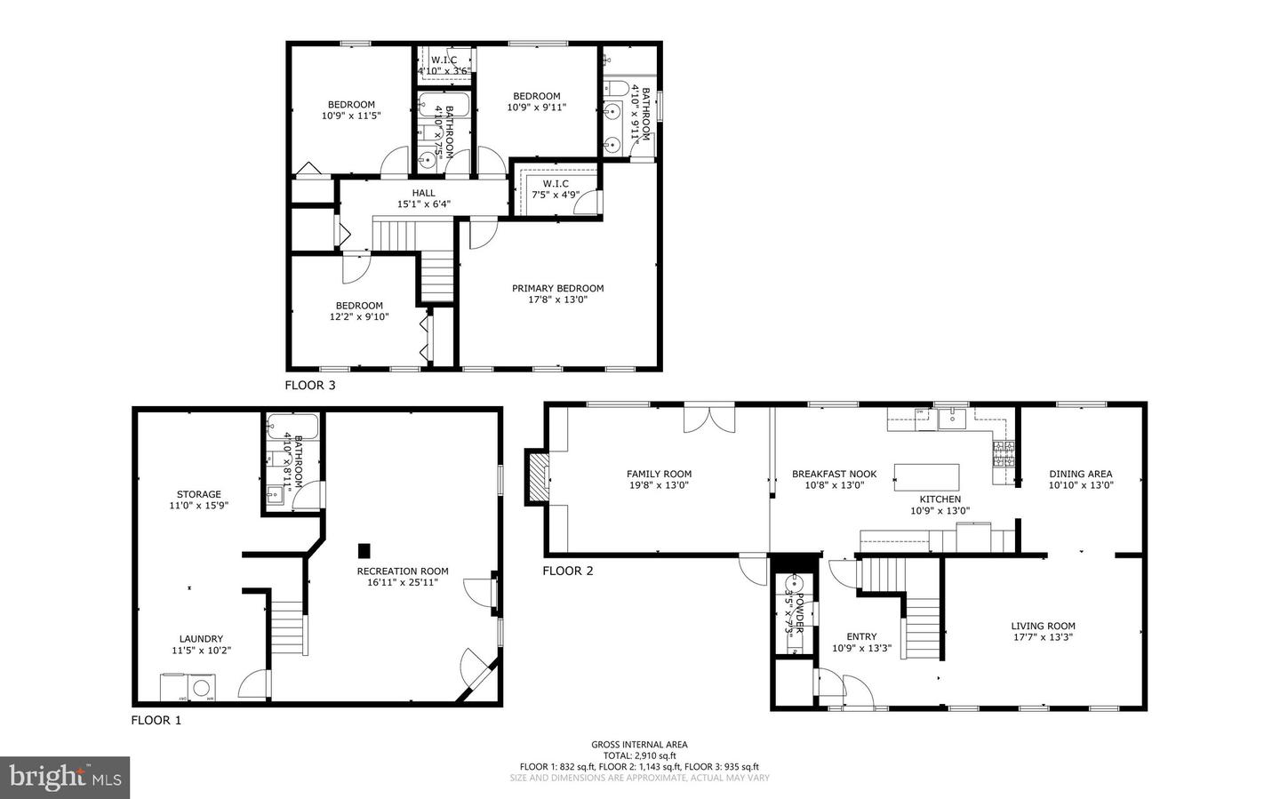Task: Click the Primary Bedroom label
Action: (x=557, y=288)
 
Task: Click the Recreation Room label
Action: (x=403, y=571)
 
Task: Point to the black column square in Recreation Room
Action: (x=364, y=550)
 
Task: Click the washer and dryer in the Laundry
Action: (x=188, y=688)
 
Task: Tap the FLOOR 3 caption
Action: (x=310, y=386)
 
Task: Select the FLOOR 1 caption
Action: (x=156, y=721)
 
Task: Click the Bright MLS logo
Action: (x=65, y=778)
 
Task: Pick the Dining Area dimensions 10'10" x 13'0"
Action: (x=1080, y=485)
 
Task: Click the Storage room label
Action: (x=199, y=494)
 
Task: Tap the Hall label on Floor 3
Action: (x=423, y=193)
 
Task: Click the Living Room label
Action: (x=1043, y=626)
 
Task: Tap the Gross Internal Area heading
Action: (x=639, y=745)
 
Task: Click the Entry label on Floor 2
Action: (x=861, y=636)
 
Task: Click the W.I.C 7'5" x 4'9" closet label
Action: (x=549, y=184)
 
